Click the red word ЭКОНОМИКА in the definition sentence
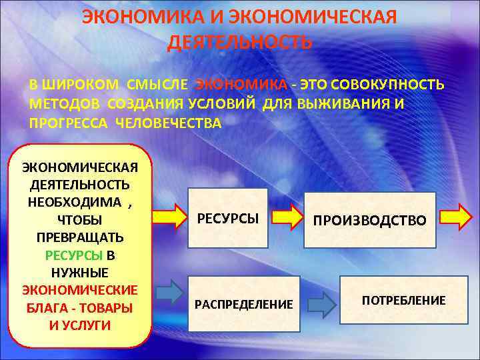point(242,86)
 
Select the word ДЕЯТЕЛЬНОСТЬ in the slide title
point(239,43)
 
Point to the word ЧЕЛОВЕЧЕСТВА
point(169,123)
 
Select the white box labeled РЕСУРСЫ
point(228,219)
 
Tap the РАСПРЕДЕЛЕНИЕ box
point(243,304)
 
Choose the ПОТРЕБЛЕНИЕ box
point(403,300)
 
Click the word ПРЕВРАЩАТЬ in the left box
point(79,237)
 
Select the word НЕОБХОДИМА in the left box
point(75,202)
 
